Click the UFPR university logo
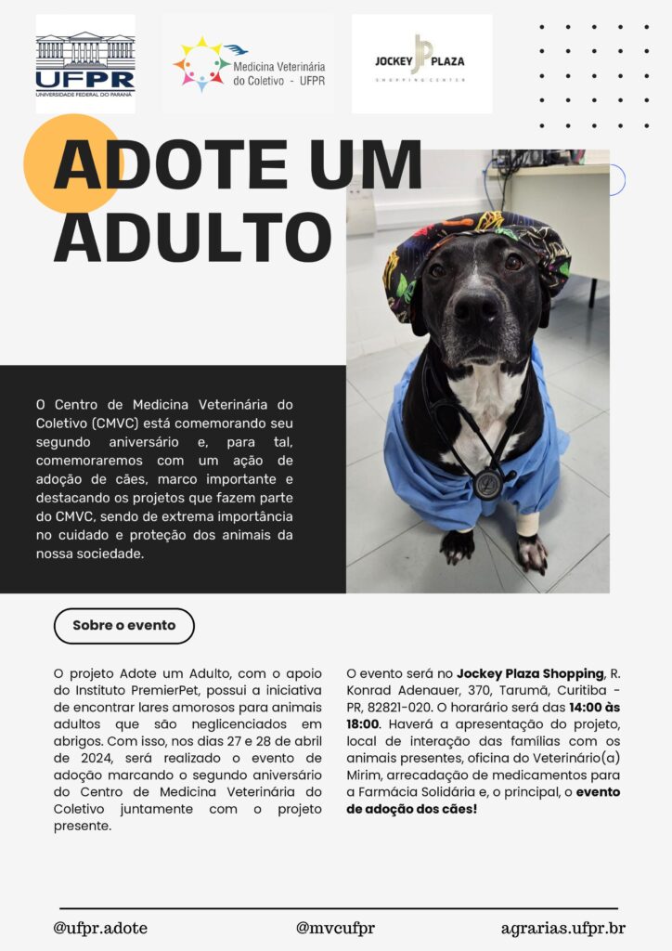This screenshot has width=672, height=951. point(85,64)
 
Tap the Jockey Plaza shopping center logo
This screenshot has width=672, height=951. point(421,62)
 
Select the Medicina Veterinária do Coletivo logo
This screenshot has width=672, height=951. point(249,64)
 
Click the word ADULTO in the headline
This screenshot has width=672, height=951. point(192,237)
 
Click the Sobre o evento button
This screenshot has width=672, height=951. point(123,625)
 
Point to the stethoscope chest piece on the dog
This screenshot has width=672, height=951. point(487,482)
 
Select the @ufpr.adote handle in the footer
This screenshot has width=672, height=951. point(100,928)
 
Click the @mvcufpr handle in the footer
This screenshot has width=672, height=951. point(335,928)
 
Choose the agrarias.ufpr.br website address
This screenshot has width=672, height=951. point(562,928)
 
